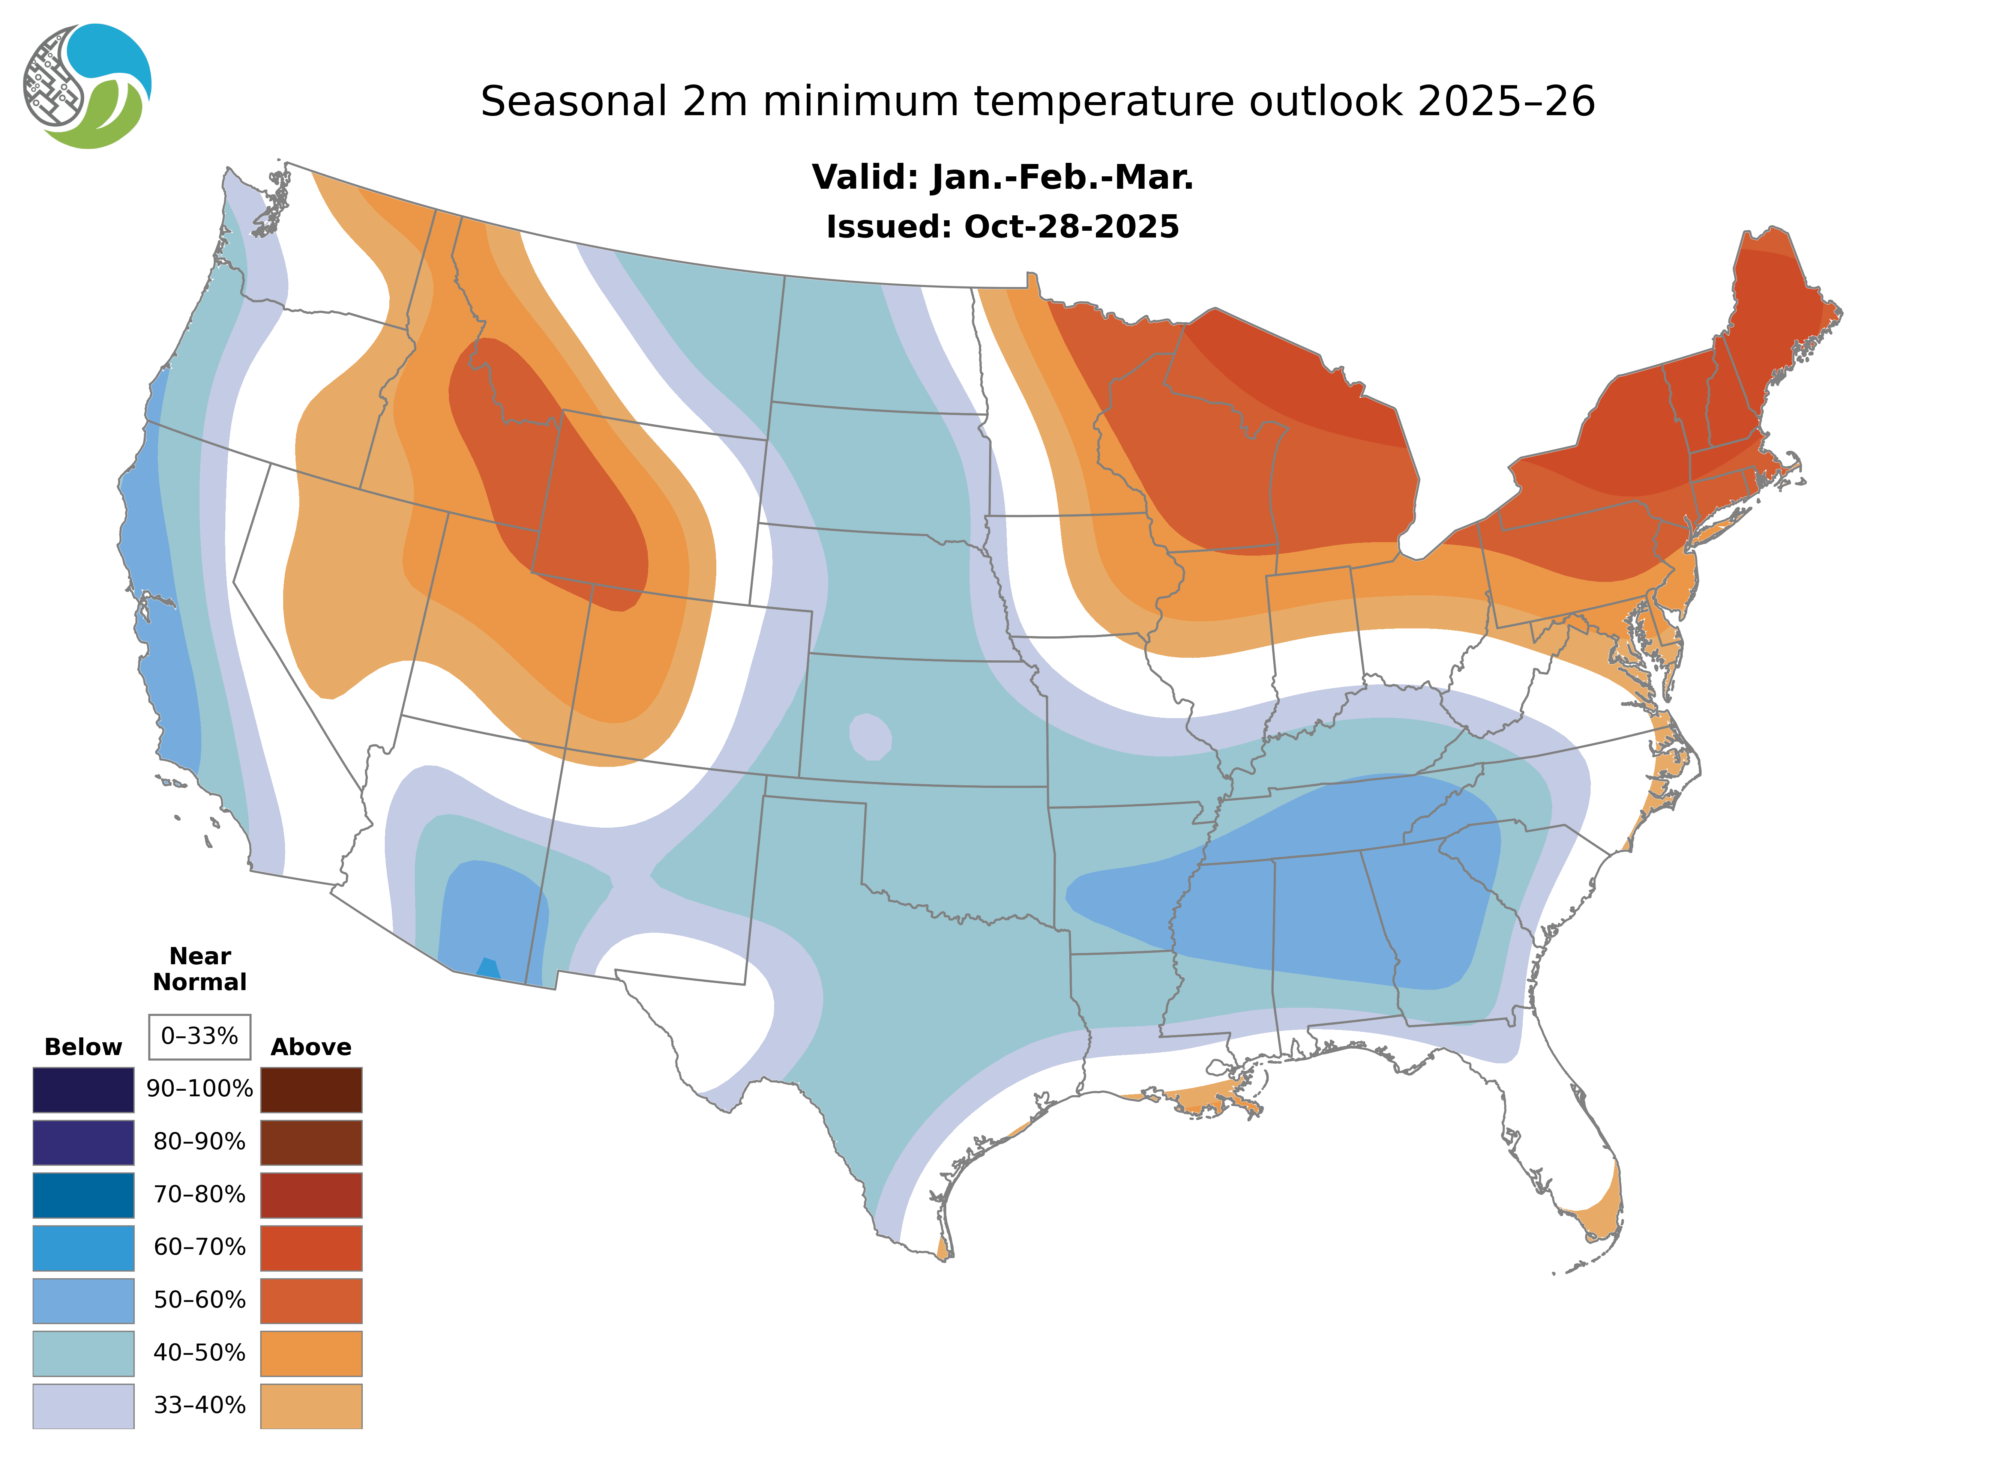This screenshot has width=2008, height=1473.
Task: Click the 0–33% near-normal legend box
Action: (x=200, y=1036)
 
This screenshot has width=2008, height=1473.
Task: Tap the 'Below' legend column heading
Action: (x=83, y=1047)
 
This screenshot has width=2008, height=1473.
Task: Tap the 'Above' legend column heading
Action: (x=311, y=1047)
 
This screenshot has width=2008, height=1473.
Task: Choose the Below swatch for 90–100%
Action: (x=83, y=1090)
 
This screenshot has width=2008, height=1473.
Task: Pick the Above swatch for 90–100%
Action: (x=311, y=1090)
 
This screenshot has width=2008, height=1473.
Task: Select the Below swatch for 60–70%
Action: (x=83, y=1248)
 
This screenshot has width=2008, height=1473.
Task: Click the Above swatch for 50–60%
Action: (x=311, y=1300)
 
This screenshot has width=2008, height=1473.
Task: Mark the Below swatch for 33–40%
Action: (x=83, y=1405)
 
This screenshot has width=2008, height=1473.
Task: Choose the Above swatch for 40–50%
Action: (x=311, y=1353)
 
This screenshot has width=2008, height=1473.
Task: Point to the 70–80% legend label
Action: (x=200, y=1195)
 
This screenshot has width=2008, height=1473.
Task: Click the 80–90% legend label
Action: (x=200, y=1142)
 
